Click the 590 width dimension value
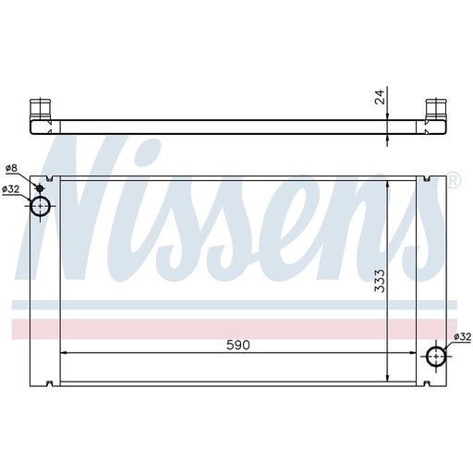(x=238, y=346)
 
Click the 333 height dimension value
(x=380, y=281)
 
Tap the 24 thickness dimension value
(x=380, y=97)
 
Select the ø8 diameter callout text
(x=12, y=168)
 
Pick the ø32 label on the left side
(x=11, y=189)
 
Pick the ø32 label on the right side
(x=463, y=337)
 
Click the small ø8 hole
(x=40, y=188)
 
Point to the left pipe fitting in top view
(x=40, y=109)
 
